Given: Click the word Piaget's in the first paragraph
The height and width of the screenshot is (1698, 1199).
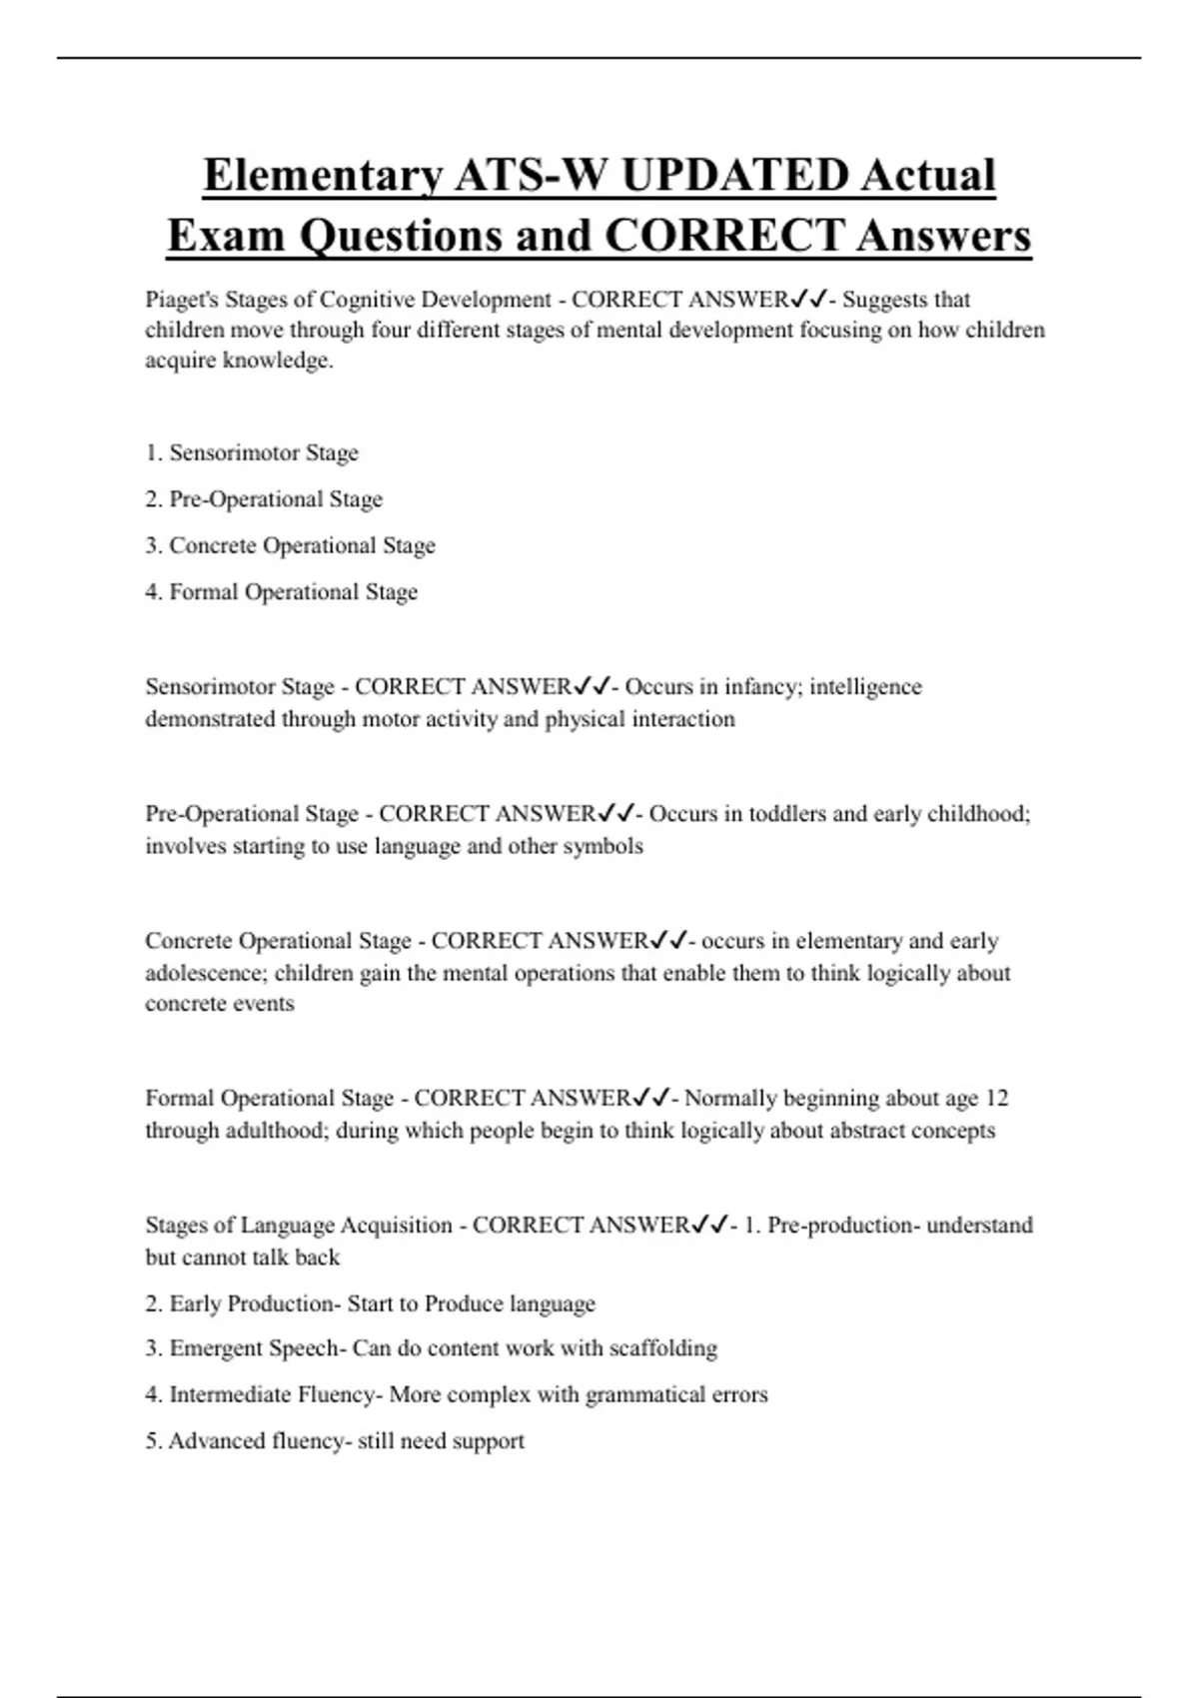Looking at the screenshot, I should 181,300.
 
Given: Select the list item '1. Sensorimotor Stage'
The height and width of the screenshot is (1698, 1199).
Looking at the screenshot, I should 252,452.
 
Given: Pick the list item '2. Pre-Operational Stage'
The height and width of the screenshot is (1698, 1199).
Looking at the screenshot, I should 264,498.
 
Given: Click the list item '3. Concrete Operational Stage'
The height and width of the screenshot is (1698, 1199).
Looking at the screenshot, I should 290,545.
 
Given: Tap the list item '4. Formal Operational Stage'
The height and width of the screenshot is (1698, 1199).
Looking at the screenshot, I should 281,591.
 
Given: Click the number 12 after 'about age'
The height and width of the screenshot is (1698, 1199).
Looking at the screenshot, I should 996,1099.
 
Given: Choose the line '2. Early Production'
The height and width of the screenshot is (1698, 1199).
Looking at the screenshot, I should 370,1303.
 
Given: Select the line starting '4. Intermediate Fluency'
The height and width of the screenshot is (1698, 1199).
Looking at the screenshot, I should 456,1394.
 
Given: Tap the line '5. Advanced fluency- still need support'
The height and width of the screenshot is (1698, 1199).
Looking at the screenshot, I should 334,1440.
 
